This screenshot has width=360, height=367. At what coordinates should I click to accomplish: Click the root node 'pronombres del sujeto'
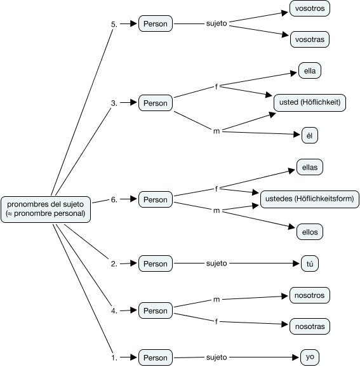(46, 210)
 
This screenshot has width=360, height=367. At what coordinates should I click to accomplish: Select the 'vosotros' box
(310, 8)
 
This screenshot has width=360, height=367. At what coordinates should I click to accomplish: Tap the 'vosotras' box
(310, 39)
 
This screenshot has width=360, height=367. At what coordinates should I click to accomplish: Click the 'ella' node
(310, 70)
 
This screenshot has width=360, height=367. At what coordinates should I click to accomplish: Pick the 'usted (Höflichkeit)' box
(310, 102)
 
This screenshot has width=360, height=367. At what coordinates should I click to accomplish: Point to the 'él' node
(310, 135)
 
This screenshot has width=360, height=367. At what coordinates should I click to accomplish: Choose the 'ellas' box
(310, 167)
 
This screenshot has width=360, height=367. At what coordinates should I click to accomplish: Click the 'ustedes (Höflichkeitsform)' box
(310, 199)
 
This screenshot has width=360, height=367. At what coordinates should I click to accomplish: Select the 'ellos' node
(310, 232)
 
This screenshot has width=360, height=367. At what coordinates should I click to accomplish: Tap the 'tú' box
(310, 264)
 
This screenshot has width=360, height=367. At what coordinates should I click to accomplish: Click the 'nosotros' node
(310, 295)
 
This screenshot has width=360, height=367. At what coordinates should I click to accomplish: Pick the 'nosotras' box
(310, 326)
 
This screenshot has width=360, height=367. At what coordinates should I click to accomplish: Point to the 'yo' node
(310, 357)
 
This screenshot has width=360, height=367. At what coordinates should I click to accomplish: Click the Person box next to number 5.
(156, 23)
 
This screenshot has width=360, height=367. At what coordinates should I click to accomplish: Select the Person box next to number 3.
(156, 103)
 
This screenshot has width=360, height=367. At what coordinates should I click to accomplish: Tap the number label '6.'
(114, 199)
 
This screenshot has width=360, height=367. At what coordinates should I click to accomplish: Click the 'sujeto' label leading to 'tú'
(217, 264)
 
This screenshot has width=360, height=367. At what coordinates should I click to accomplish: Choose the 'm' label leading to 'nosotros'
(217, 299)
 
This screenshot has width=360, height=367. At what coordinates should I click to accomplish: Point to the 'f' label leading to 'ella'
(217, 86)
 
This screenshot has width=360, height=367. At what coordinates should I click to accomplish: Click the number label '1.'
(114, 357)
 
